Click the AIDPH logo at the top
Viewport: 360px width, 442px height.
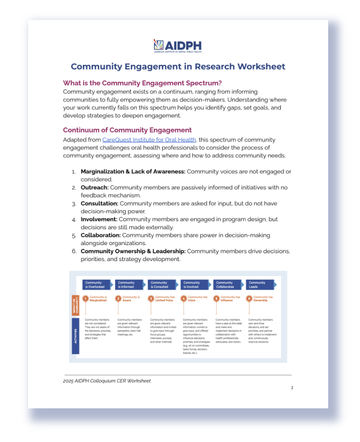177,46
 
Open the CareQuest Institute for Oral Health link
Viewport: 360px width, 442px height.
149,140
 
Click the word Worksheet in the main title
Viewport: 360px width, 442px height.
260,66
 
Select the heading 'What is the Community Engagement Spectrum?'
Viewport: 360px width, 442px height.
142,83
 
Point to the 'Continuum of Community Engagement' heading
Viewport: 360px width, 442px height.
127,130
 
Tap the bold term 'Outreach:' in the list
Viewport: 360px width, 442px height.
95,187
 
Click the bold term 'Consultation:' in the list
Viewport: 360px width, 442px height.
100,203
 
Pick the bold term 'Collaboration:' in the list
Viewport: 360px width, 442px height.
100,235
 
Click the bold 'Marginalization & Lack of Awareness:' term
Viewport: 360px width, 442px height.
133,171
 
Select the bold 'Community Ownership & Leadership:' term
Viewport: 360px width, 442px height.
133,251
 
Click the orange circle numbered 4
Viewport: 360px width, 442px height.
184,299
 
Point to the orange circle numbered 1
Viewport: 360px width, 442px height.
85,299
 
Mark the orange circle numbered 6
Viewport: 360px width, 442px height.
249,299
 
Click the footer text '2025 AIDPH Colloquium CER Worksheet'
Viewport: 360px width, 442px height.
107,381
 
